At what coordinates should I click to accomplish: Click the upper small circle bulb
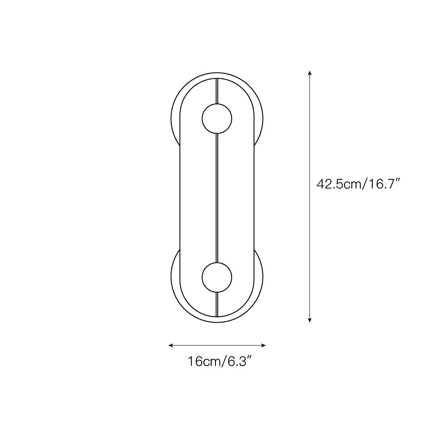(217, 119)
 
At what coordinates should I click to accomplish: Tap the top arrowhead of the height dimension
(310, 73)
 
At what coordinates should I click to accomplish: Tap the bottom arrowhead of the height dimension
(310, 319)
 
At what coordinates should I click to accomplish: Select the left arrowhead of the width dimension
(171, 345)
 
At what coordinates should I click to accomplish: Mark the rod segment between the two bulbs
(217, 197)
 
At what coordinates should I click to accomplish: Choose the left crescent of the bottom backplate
(175, 278)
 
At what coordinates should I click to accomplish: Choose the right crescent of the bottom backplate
(259, 278)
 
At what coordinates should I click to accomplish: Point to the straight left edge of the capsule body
(180, 197)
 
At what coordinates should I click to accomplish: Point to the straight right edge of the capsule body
(254, 197)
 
